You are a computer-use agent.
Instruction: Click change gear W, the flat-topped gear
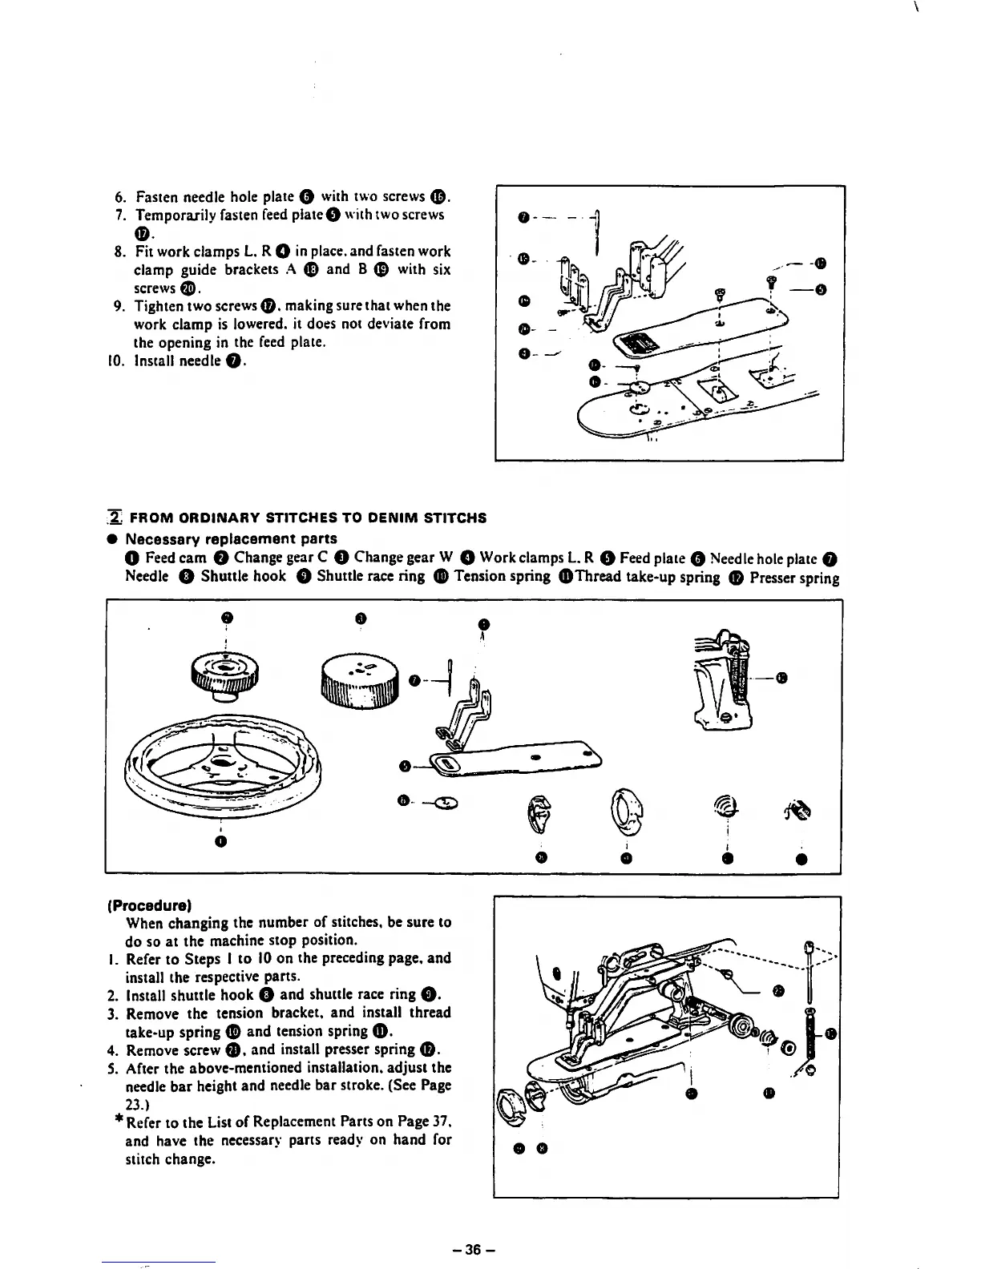[x=360, y=680]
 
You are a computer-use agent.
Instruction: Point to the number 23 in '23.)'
[x=134, y=1103]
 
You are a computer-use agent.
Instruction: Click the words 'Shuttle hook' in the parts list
[x=243, y=576]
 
